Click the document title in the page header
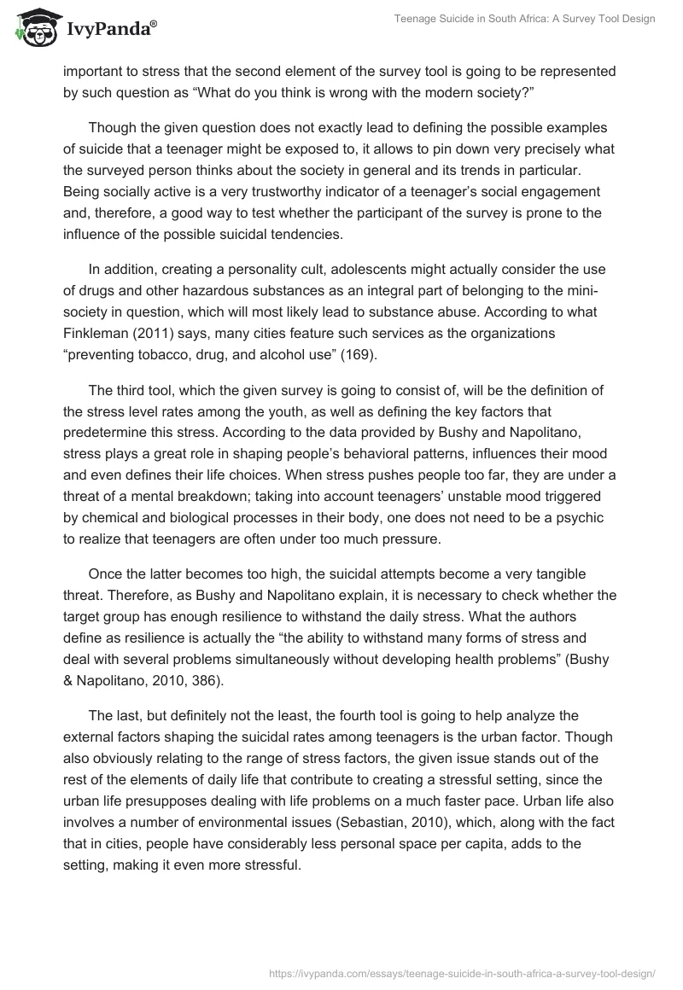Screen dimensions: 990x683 click(x=524, y=20)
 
